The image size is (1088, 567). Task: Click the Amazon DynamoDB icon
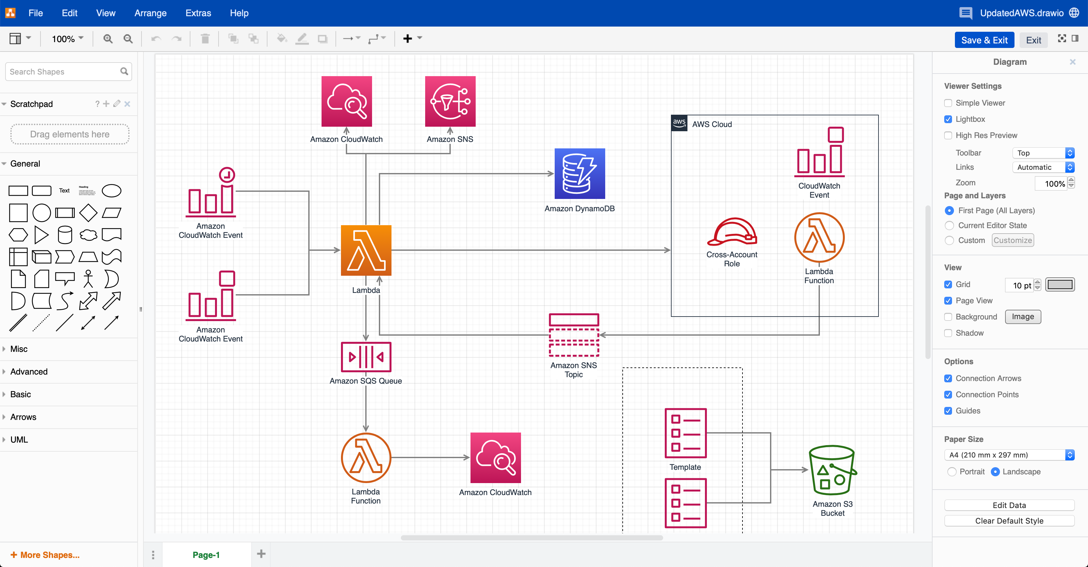click(580, 174)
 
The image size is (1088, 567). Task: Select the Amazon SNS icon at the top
click(450, 101)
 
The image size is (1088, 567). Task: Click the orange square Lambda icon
click(366, 250)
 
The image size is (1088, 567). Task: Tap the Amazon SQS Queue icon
click(366, 357)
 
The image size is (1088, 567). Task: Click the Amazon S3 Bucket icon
click(833, 470)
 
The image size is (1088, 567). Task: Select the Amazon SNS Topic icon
click(573, 335)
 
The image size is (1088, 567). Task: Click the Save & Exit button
click(984, 40)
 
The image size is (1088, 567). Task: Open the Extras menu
click(198, 13)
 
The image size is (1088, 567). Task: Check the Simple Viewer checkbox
click(948, 103)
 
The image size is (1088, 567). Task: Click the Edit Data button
click(1009, 505)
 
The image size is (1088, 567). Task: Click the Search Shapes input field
click(63, 72)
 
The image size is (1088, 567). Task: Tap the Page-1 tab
click(206, 555)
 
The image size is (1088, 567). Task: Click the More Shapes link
click(45, 555)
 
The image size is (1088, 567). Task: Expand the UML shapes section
click(19, 439)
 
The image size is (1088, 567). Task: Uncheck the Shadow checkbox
click(948, 333)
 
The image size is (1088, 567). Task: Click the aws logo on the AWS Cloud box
click(679, 123)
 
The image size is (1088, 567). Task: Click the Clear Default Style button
click(1009, 521)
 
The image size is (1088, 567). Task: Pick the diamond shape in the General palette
click(88, 213)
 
